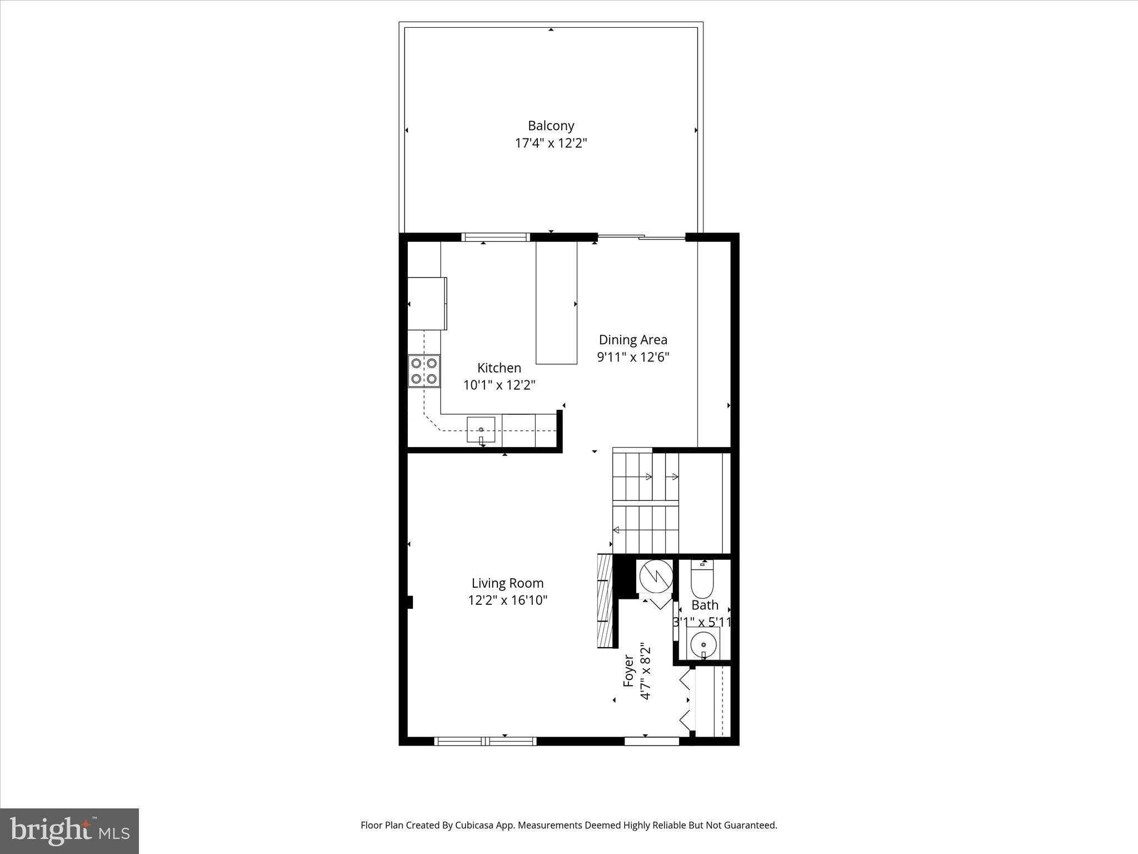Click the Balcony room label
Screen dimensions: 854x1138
tap(551, 126)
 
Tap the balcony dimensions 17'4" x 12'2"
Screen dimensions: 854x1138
tap(551, 143)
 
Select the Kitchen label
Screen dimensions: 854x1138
tap(499, 368)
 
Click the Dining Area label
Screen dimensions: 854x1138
tap(633, 340)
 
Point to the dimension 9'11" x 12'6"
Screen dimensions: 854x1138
tap(633, 357)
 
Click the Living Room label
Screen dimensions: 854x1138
tap(507, 583)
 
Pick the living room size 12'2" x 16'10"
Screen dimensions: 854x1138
tap(507, 600)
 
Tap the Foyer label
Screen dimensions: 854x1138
tap(628, 671)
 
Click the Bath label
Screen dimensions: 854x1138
tap(705, 605)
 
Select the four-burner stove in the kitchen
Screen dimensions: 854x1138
tap(424, 371)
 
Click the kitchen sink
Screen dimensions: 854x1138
tap(481, 430)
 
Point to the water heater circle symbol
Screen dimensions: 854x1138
tap(656, 576)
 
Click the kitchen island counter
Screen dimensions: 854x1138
tap(556, 303)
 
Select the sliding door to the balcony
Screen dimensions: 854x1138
tap(641, 238)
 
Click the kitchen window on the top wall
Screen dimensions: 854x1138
tap(496, 237)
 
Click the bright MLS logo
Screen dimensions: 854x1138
tap(69, 831)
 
